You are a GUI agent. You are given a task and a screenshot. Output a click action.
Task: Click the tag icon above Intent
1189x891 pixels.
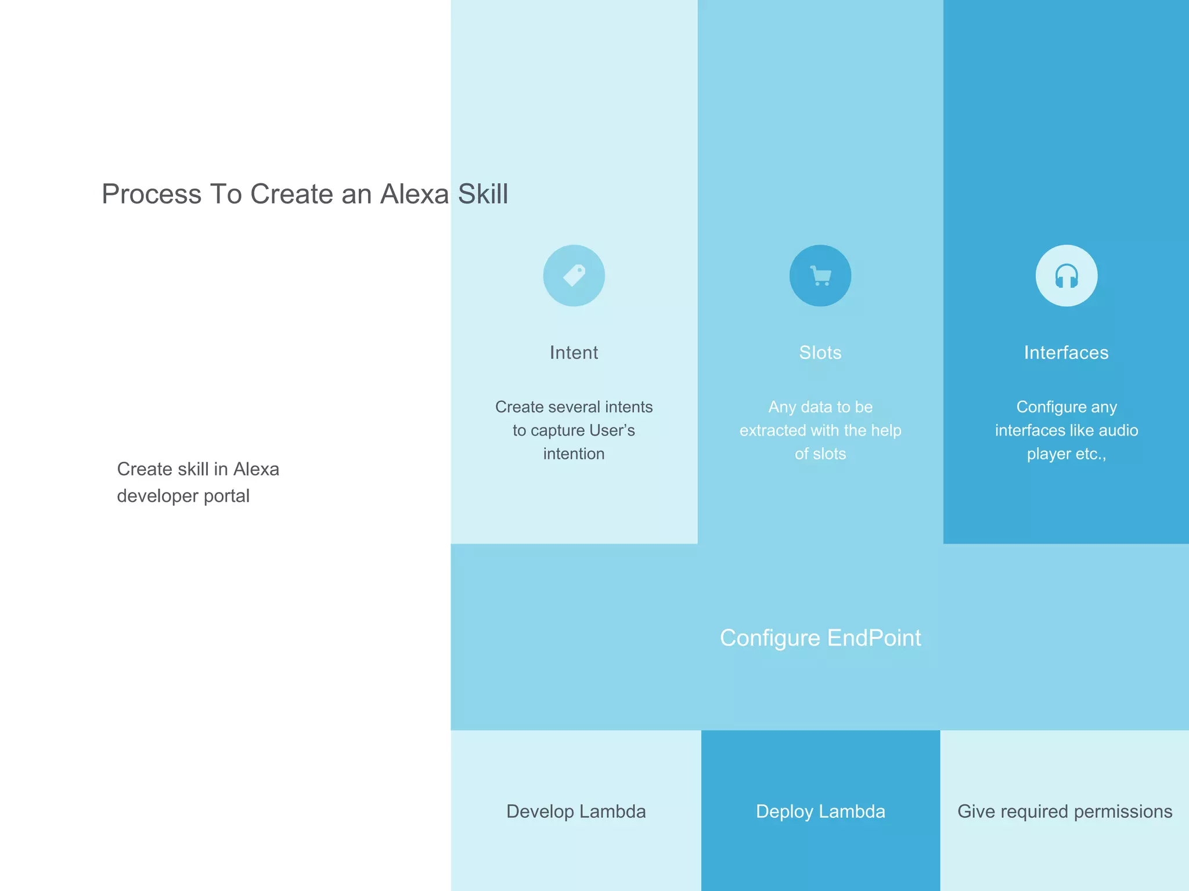coord(574,276)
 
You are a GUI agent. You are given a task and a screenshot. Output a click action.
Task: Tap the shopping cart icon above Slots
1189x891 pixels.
coord(820,276)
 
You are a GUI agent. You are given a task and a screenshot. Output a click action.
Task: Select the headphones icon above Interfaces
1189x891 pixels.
coord(1067,276)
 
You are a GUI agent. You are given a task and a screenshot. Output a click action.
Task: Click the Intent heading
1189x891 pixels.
coord(574,353)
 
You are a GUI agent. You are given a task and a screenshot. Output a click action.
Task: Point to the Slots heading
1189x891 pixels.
coord(820,353)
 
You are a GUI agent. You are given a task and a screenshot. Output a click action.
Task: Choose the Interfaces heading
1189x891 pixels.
coord(1067,353)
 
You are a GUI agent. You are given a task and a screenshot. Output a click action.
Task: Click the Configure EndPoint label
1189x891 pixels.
coord(820,638)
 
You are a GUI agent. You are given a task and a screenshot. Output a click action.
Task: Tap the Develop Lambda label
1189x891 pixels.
coord(576,811)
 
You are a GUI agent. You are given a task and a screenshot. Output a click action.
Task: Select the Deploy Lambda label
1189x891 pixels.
coord(820,811)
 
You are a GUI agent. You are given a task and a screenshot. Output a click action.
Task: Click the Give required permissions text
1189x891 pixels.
coord(1065,811)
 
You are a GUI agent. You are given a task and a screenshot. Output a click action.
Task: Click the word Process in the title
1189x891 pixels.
coord(152,194)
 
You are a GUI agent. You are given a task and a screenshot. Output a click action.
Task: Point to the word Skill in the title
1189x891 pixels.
coord(483,194)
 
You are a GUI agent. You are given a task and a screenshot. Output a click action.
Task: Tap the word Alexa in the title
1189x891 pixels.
coord(415,194)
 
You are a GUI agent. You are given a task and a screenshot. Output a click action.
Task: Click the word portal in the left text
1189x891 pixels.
coord(227,497)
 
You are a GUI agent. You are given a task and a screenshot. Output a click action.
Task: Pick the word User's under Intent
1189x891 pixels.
coord(612,430)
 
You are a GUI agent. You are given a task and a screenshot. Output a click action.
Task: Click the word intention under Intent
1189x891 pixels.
coord(574,454)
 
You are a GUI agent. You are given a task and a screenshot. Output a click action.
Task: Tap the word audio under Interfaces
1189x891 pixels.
coord(1118,430)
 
